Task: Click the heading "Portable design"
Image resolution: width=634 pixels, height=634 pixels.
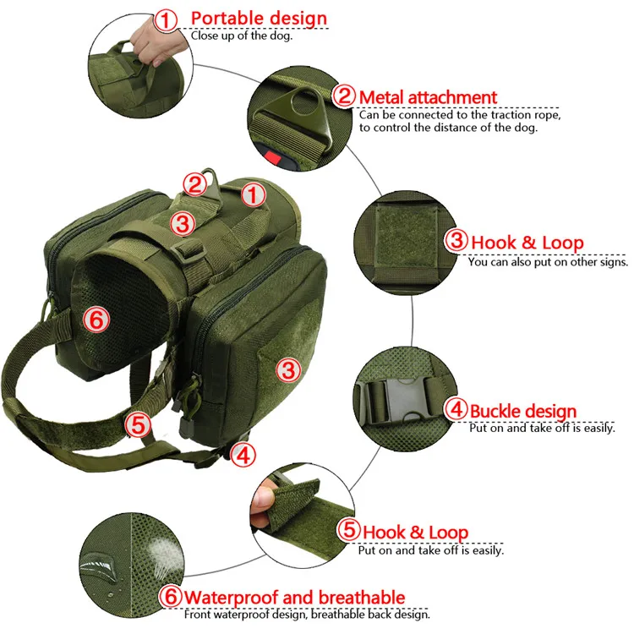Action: (x=259, y=19)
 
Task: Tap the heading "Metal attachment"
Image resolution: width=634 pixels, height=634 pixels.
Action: (x=428, y=97)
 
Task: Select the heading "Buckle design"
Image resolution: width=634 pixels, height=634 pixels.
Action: (x=522, y=412)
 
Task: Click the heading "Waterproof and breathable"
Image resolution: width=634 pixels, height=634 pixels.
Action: (x=295, y=598)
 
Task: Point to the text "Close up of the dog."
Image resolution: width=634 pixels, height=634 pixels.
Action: (x=242, y=36)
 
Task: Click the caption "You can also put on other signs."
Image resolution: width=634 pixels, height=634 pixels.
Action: (x=548, y=262)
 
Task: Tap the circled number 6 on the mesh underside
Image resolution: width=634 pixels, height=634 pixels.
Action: (x=96, y=320)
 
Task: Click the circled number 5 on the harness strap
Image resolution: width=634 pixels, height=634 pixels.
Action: (x=138, y=425)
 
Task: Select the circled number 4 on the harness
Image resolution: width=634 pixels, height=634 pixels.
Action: (x=243, y=456)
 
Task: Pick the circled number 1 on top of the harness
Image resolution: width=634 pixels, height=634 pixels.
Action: (x=253, y=195)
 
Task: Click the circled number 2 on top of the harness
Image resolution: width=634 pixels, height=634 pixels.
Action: (x=195, y=184)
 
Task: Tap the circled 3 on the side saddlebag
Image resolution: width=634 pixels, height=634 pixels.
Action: (x=288, y=370)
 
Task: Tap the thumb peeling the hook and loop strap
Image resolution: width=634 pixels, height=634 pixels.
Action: (x=261, y=498)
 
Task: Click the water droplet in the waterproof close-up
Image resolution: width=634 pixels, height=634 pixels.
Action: (x=96, y=564)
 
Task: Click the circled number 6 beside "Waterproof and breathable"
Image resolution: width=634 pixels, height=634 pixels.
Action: (x=170, y=597)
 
